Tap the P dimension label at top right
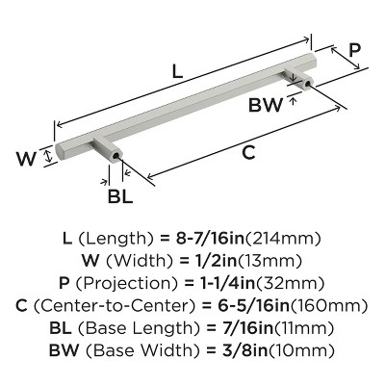(x=355, y=48)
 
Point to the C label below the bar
(x=248, y=153)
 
